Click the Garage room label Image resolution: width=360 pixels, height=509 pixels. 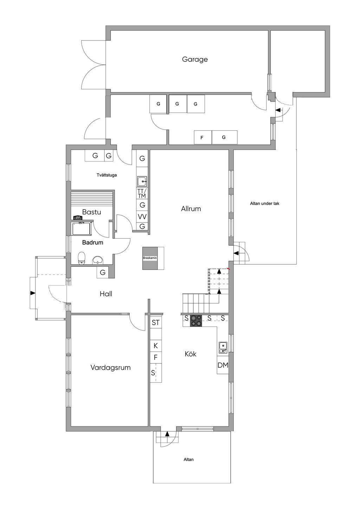(195, 59)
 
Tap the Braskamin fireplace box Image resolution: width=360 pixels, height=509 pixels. (150, 258)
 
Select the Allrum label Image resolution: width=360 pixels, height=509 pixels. (191, 209)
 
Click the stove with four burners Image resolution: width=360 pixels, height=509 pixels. (196, 321)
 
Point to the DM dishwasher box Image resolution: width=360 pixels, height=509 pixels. (223, 366)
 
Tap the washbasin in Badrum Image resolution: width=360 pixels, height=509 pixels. (98, 260)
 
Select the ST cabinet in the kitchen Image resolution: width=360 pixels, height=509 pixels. (156, 323)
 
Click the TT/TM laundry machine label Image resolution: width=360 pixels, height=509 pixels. (142, 193)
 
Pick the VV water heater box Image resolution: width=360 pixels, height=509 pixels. (142, 217)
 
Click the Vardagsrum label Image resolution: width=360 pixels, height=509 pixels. (110, 368)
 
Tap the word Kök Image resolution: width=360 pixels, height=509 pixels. (191, 354)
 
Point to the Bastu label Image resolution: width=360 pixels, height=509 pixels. (91, 212)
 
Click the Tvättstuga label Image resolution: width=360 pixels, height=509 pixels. (107, 175)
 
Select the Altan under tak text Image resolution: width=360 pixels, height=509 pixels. (265, 204)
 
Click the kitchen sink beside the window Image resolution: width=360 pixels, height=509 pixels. (223, 347)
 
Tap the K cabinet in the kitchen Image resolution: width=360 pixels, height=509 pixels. (156, 346)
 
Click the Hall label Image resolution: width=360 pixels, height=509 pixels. (106, 294)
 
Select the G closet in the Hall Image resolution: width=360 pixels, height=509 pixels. (103, 272)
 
